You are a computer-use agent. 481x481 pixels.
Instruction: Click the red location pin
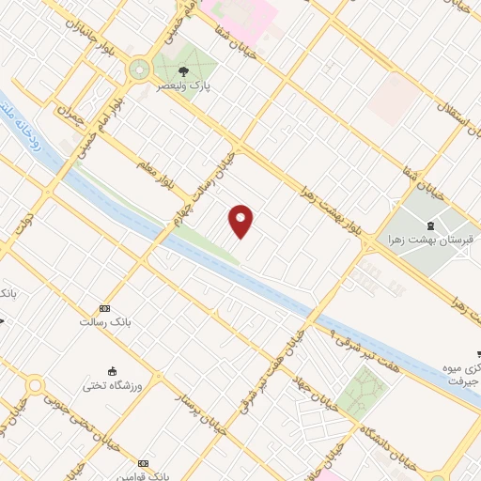coord(241,222)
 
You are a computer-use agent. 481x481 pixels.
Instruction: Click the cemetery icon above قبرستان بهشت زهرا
coord(430,225)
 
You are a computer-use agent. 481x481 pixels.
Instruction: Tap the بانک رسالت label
coord(103,322)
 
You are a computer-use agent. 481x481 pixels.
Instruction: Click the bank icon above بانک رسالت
coord(104,308)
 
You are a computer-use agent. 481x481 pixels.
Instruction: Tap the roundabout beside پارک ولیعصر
coord(140,69)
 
